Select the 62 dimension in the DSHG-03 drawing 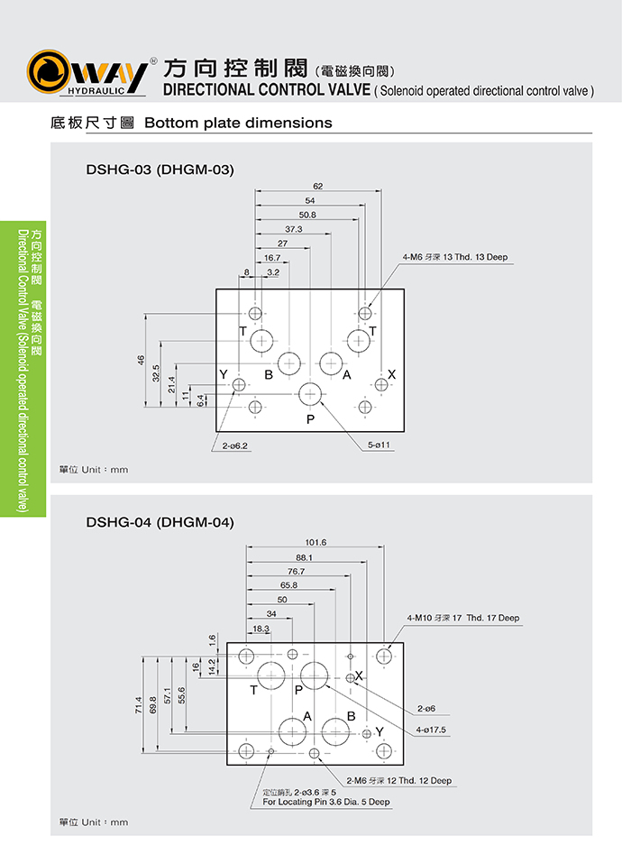(317, 186)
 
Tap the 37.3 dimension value (293, 229)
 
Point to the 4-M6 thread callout (455, 257)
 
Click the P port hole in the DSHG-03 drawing (311, 393)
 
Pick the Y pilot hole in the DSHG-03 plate (239, 386)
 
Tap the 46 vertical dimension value (142, 360)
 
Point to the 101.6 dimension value (316, 543)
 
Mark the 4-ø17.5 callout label (432, 730)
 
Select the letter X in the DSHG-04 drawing (359, 675)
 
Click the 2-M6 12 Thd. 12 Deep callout (398, 780)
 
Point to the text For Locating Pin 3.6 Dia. (326, 801)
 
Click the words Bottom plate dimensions (238, 123)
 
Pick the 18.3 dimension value (261, 629)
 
